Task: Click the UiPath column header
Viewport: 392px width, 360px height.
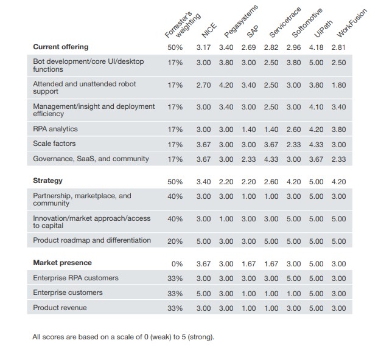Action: pyautogui.click(x=323, y=29)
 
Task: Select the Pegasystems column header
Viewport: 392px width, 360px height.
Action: pyautogui.click(x=241, y=21)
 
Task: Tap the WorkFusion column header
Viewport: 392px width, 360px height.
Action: pyautogui.click(x=352, y=23)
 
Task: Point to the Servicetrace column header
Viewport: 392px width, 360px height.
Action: pyautogui.click(x=285, y=22)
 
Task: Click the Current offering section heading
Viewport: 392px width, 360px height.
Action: pyautogui.click(x=61, y=47)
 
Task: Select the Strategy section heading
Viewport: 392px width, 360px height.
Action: pyautogui.click(x=47, y=181)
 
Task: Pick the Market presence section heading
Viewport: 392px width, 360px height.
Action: pyautogui.click(x=62, y=263)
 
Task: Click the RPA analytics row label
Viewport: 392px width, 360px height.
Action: pyautogui.click(x=55, y=129)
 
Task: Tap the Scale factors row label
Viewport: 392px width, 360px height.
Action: pyautogui.click(x=54, y=144)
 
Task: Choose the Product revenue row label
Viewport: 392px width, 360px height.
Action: pyautogui.click(x=60, y=308)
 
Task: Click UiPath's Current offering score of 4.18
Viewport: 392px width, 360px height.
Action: pyautogui.click(x=316, y=47)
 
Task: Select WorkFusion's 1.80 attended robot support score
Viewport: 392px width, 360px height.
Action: pyautogui.click(x=339, y=85)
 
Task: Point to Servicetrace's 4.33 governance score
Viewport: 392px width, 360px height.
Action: pyautogui.click(x=271, y=159)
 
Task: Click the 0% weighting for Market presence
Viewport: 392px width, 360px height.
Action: pyautogui.click(x=177, y=264)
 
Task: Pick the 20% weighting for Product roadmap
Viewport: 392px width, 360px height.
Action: pyautogui.click(x=175, y=241)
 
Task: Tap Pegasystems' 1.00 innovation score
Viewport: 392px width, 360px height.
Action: pyautogui.click(x=226, y=219)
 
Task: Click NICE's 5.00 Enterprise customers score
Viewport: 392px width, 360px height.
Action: pyautogui.click(x=203, y=294)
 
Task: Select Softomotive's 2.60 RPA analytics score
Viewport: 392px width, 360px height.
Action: pyautogui.click(x=293, y=130)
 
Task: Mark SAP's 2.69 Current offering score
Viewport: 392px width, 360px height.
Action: pyautogui.click(x=248, y=47)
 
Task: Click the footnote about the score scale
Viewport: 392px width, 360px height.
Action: pyautogui.click(x=123, y=337)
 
